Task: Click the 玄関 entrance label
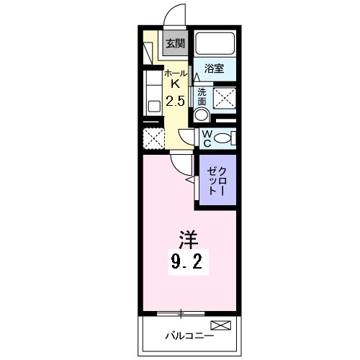pyautogui.click(x=175, y=43)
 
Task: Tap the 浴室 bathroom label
pyautogui.click(x=215, y=69)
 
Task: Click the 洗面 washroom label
pyautogui.click(x=202, y=96)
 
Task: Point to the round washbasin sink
pyautogui.click(x=202, y=114)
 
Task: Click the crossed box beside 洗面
pyautogui.click(x=225, y=96)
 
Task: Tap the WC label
pyautogui.click(x=206, y=138)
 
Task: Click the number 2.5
pyautogui.click(x=175, y=101)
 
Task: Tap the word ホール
pyautogui.click(x=174, y=73)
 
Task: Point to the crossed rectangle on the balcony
pyautogui.click(x=221, y=326)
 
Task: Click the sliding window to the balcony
pyautogui.click(x=181, y=313)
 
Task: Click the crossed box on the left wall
pyautogui.click(x=153, y=137)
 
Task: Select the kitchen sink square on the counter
pyautogui.click(x=153, y=105)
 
